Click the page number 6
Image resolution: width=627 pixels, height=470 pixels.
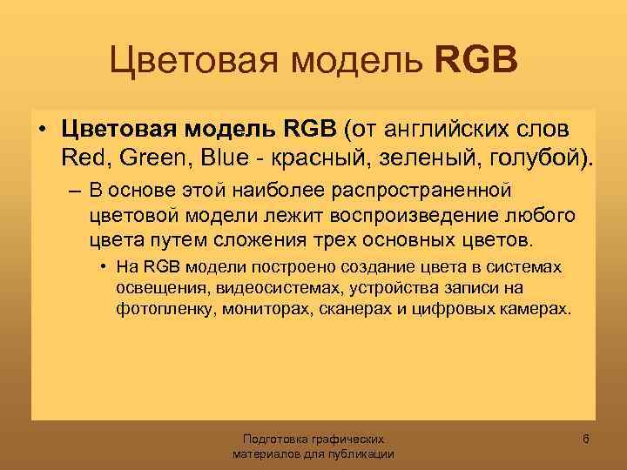(586, 440)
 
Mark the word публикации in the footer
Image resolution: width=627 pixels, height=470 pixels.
(357, 454)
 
